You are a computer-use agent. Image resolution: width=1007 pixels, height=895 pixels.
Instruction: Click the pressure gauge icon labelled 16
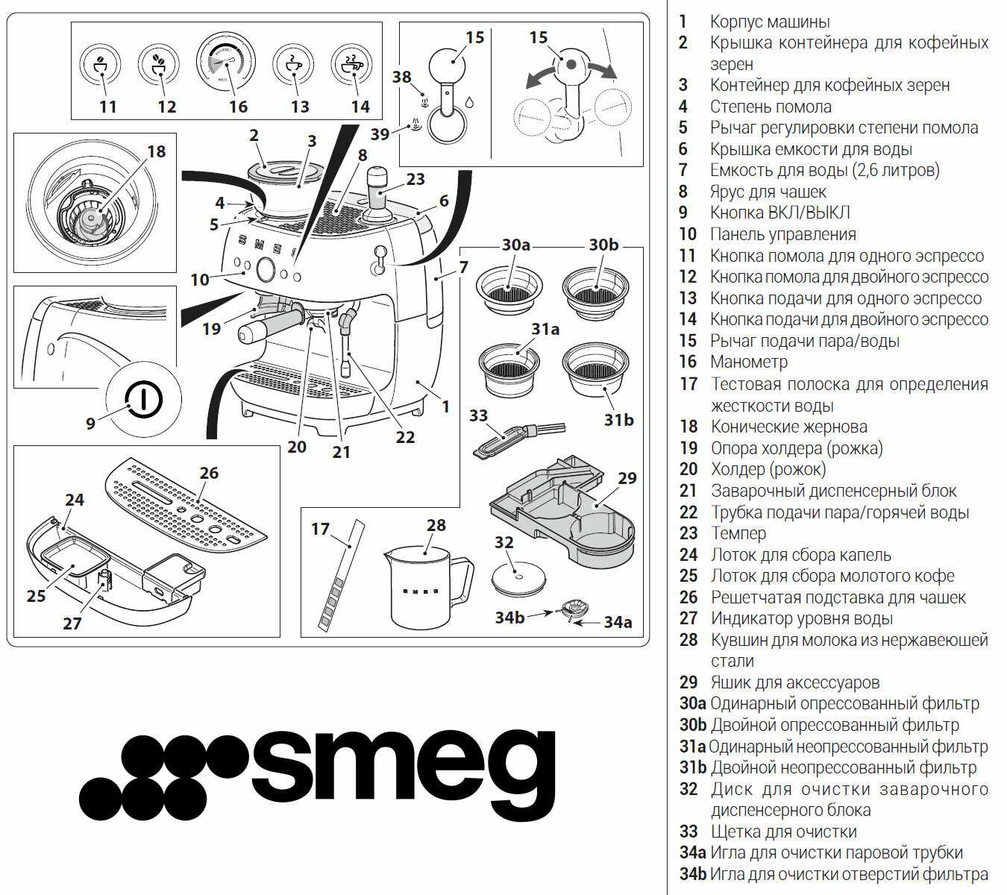pyautogui.click(x=226, y=63)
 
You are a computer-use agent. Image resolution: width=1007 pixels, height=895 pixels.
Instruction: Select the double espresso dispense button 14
pyautogui.click(x=351, y=64)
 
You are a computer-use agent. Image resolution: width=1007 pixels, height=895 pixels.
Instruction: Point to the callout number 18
pyautogui.click(x=156, y=151)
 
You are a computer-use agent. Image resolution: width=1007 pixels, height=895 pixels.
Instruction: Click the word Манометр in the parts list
pyautogui.click(x=748, y=362)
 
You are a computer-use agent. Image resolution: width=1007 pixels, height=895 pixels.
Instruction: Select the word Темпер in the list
pyautogui.click(x=738, y=533)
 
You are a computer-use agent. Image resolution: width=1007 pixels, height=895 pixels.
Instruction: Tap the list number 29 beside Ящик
pyautogui.click(x=688, y=682)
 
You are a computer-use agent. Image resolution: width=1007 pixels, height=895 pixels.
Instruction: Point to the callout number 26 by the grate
pyautogui.click(x=209, y=473)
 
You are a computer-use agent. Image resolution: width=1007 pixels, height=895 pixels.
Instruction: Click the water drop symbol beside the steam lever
pyautogui.click(x=468, y=102)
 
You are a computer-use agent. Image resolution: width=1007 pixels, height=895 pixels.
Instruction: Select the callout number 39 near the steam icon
pyautogui.click(x=380, y=134)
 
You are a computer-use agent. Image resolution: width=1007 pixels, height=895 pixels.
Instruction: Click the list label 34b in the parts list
pyautogui.click(x=693, y=874)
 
